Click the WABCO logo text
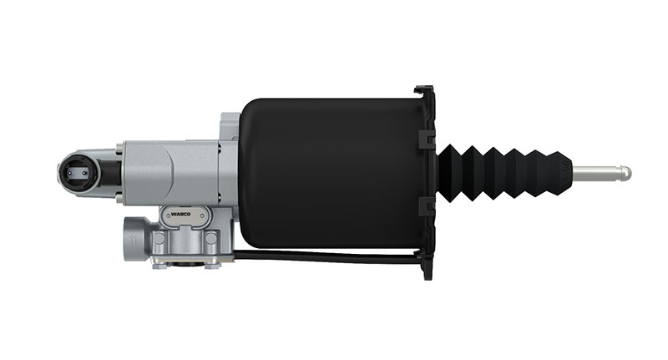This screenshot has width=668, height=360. click(x=180, y=215)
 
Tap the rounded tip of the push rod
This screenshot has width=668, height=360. click(x=626, y=173)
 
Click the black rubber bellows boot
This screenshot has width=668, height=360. click(x=504, y=173)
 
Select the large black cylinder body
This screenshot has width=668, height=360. click(x=331, y=174)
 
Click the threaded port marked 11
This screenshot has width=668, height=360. click(x=135, y=239)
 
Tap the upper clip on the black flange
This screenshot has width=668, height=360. click(x=427, y=139)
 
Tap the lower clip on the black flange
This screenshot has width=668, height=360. click(x=427, y=206)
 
